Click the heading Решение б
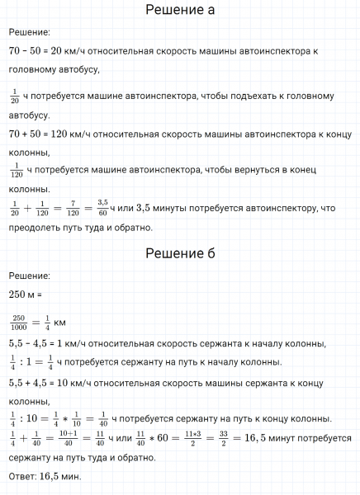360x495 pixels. [179, 253]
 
